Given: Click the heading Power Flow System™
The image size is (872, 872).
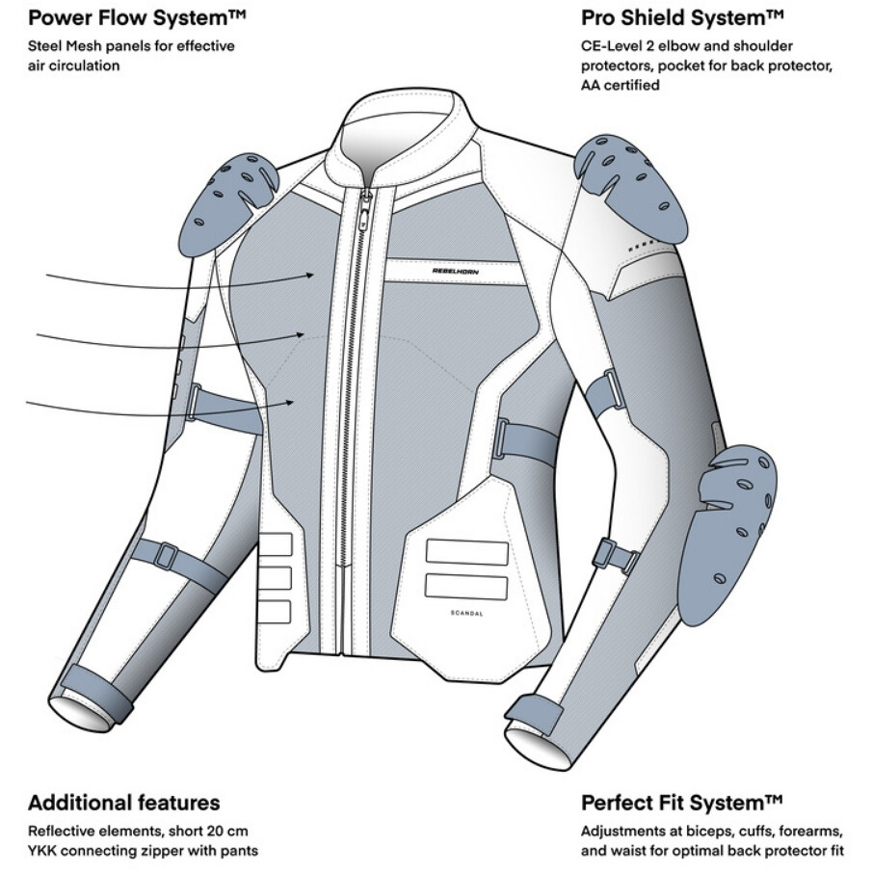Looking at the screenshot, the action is click(137, 17).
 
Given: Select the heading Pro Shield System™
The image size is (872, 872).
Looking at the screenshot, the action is click(682, 17).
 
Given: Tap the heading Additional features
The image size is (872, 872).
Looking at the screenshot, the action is click(124, 803).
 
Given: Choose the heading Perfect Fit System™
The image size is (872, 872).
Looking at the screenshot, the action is click(682, 803).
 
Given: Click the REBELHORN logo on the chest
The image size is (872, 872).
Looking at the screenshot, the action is click(456, 271).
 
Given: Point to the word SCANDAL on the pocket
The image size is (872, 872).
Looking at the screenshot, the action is click(466, 614).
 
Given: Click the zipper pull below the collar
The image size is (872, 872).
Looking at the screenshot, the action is click(366, 208).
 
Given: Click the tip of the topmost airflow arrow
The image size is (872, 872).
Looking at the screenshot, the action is click(314, 275).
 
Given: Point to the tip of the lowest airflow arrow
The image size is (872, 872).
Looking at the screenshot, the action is click(293, 402).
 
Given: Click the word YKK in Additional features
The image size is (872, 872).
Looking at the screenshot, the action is click(41, 851).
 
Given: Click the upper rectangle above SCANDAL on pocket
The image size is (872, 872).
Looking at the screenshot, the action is click(466, 552).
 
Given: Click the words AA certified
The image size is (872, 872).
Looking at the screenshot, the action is click(621, 85).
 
